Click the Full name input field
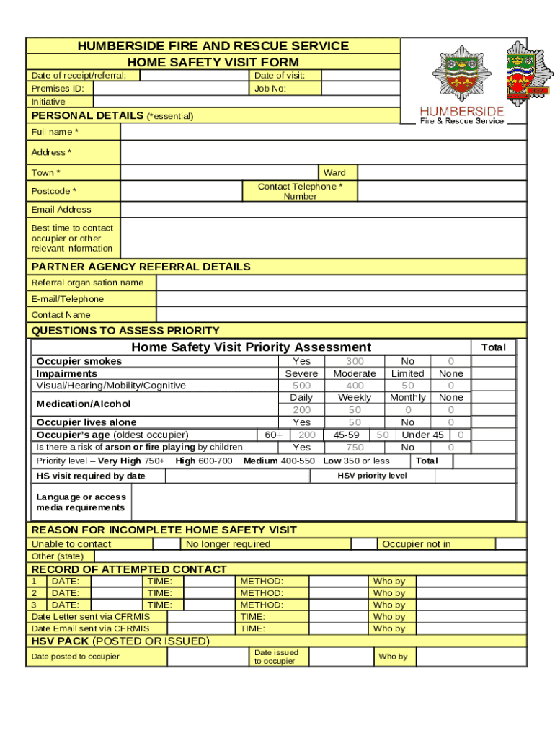point(323,132)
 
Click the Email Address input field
point(323,210)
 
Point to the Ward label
point(334,173)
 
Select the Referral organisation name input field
point(341,283)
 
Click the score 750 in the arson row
point(355,447)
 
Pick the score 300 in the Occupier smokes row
point(355,361)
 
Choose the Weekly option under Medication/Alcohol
point(355,397)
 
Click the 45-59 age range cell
point(346,435)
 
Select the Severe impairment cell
point(301,373)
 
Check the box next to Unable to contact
point(167,544)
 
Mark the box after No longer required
point(364,544)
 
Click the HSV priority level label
point(372,476)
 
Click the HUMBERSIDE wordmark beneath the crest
point(462,112)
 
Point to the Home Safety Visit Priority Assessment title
point(251,347)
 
